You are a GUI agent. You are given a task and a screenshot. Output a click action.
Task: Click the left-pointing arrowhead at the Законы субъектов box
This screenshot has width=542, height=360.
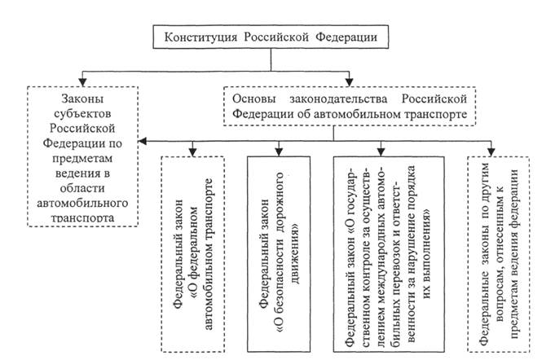coord(143,140)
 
